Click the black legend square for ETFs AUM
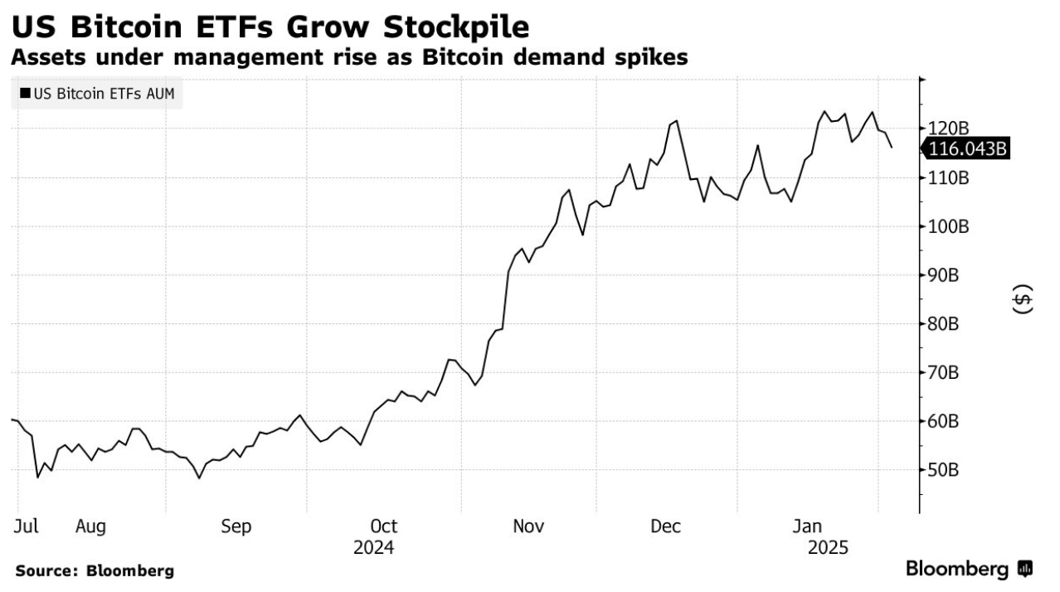click(25, 95)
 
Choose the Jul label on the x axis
click(26, 526)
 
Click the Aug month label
click(90, 526)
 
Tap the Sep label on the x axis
click(236, 526)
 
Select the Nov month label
click(528, 526)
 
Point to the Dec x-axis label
click(666, 526)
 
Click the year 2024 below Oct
click(374, 548)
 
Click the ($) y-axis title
click(1024, 299)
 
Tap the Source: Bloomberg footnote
click(95, 570)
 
